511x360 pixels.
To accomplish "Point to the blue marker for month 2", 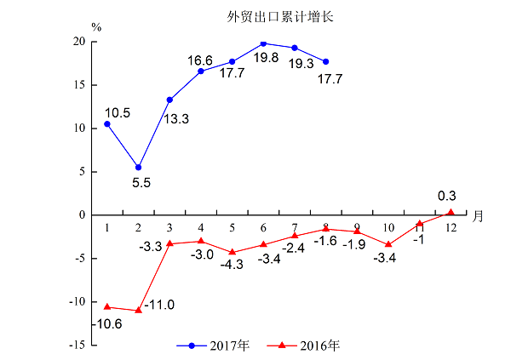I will click(x=139, y=167).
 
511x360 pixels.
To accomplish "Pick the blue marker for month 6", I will click(x=263, y=43).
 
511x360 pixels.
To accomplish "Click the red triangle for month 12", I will click(x=451, y=212).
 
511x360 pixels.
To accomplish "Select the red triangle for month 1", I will click(x=107, y=306).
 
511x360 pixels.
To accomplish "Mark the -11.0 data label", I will click(x=159, y=305).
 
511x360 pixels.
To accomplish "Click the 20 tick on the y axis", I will click(x=78, y=42).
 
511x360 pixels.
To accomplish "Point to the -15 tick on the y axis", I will click(x=76, y=345).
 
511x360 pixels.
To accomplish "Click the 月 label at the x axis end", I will click(x=479, y=216).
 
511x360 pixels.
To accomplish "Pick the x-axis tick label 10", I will click(x=388, y=227).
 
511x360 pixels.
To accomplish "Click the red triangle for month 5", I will click(x=232, y=252).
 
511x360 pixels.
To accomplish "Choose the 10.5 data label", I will click(x=117, y=112).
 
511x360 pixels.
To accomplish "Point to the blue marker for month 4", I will click(x=201, y=71).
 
